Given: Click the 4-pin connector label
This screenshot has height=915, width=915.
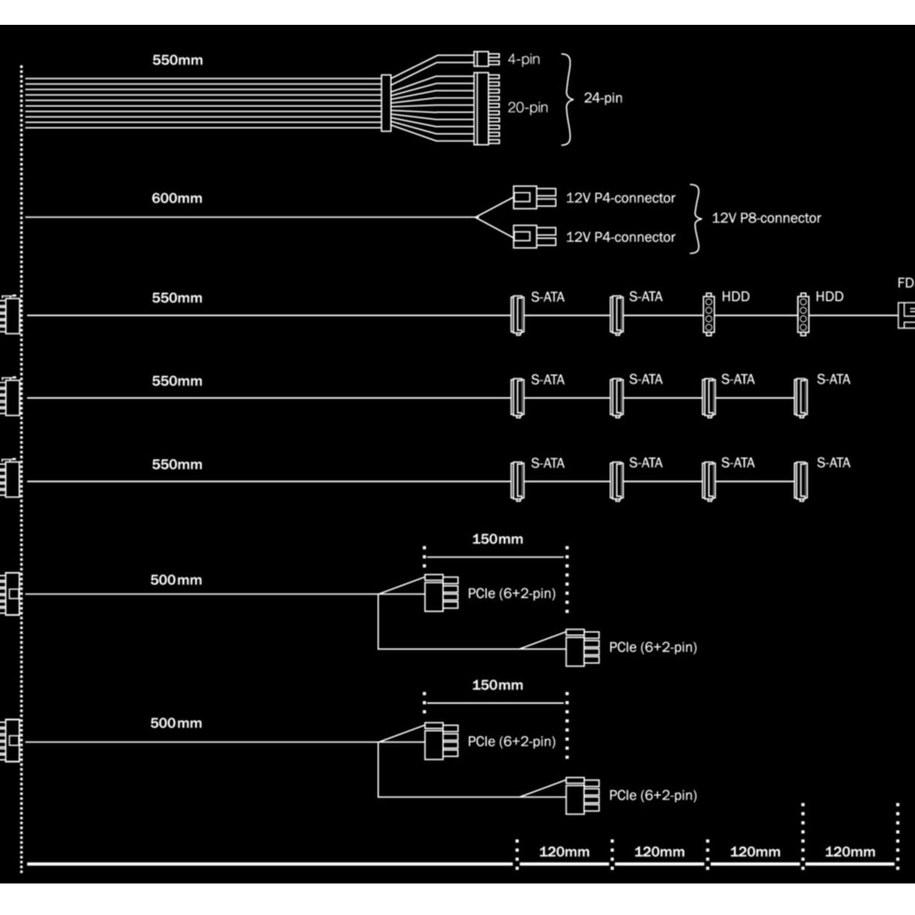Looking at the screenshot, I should click(x=524, y=59).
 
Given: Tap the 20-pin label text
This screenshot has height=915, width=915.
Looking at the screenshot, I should click(x=528, y=108).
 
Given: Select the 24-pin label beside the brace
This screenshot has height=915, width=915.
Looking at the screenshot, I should click(x=603, y=98).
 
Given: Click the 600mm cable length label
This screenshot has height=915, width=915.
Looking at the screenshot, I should click(x=177, y=198).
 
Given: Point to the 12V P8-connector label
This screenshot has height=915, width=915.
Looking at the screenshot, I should click(x=766, y=218).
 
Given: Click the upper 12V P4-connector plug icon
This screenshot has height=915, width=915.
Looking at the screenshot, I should click(x=534, y=198).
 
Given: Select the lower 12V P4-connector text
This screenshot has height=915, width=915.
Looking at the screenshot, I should click(x=620, y=237).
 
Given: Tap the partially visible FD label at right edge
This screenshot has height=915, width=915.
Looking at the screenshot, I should click(x=905, y=283).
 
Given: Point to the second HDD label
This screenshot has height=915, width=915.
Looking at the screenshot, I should click(x=829, y=297).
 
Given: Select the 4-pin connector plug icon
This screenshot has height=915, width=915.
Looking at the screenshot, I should click(x=486, y=59).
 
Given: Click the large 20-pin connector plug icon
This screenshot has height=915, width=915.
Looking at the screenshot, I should click(x=486, y=109).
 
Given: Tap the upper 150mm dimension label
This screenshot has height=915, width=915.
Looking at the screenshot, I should click(x=497, y=539).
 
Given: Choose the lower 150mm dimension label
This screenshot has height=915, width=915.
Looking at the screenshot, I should click(x=497, y=685).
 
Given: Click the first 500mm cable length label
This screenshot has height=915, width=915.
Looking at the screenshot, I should click(x=176, y=580).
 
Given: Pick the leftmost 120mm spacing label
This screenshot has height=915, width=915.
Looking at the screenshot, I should click(x=564, y=852).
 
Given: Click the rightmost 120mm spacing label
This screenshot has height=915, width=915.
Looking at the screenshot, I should click(x=850, y=852).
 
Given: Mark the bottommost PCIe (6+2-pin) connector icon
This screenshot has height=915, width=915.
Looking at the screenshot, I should click(x=582, y=796).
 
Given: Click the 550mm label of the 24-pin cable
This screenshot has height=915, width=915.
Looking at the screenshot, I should click(x=177, y=60).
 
